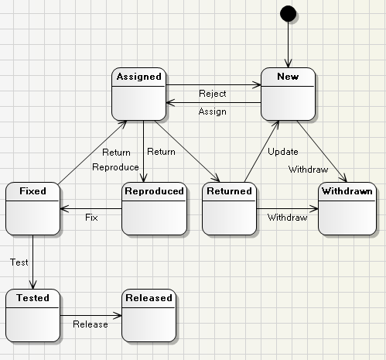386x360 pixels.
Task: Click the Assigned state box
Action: (x=138, y=94)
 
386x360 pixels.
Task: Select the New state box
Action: (x=288, y=94)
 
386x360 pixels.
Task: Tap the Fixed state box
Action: (x=32, y=207)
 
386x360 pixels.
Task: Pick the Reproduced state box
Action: (x=154, y=207)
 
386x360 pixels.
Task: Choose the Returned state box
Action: (x=229, y=207)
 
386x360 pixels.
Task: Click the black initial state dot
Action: (x=288, y=12)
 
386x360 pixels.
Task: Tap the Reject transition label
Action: (x=212, y=94)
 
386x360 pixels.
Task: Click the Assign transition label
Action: (x=212, y=111)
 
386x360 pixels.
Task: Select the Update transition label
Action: (x=282, y=151)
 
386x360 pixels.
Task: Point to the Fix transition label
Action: (x=91, y=218)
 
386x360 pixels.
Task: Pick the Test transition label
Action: (x=19, y=262)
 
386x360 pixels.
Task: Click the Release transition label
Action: (x=91, y=324)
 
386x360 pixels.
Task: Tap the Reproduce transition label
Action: (x=115, y=167)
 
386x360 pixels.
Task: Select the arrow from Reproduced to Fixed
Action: (x=91, y=208)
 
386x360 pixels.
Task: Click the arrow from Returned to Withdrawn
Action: (x=286, y=208)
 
